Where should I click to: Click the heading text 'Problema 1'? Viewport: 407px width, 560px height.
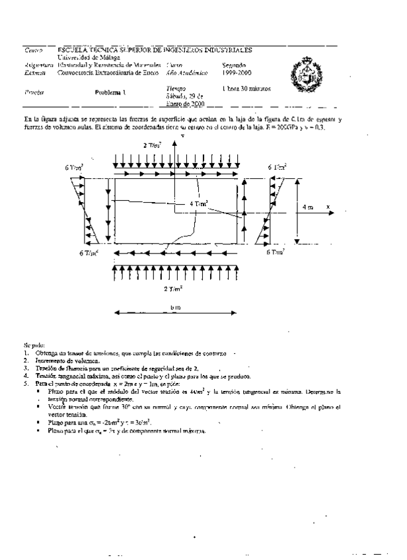[109, 93]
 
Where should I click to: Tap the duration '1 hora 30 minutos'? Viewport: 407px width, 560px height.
[246, 88]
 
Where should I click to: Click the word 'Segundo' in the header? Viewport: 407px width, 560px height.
[235, 65]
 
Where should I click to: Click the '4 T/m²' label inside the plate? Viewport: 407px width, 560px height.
[199, 205]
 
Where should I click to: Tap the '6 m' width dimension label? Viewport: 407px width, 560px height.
[175, 308]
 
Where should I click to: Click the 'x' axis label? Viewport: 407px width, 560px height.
[328, 207]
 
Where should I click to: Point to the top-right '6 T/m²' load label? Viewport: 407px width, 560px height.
[277, 167]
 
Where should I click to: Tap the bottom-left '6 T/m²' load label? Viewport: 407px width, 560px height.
[89, 253]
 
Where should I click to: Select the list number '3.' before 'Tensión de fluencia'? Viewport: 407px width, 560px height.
[26, 368]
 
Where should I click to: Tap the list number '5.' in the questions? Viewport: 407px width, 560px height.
[26, 384]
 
